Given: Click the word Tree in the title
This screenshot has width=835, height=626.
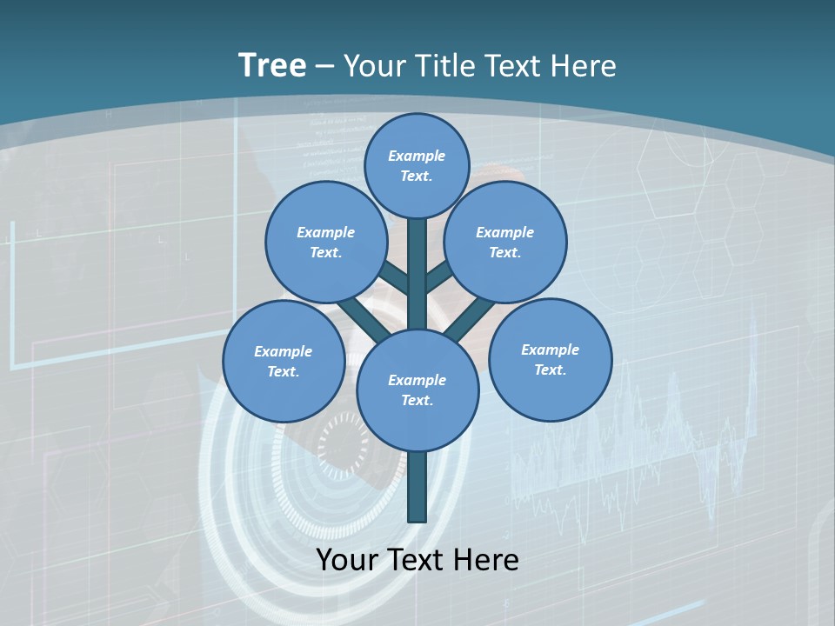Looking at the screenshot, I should click(272, 65).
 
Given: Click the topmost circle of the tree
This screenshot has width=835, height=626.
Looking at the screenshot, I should click(417, 165).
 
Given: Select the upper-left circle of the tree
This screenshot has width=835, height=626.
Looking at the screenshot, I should click(326, 242).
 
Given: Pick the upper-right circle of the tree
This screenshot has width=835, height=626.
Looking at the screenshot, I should click(505, 242).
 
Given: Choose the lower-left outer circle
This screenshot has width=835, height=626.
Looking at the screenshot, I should click(284, 361).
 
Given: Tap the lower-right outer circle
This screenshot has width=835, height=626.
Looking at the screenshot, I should click(550, 359).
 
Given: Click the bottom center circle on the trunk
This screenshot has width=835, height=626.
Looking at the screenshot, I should click(417, 390).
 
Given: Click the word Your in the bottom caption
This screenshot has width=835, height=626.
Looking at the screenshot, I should click(348, 560).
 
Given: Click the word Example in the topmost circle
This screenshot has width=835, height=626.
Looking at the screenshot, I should click(417, 156).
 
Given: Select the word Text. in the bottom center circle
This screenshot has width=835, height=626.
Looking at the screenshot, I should click(417, 400).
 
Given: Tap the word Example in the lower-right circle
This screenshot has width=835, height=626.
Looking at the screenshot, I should click(550, 350).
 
